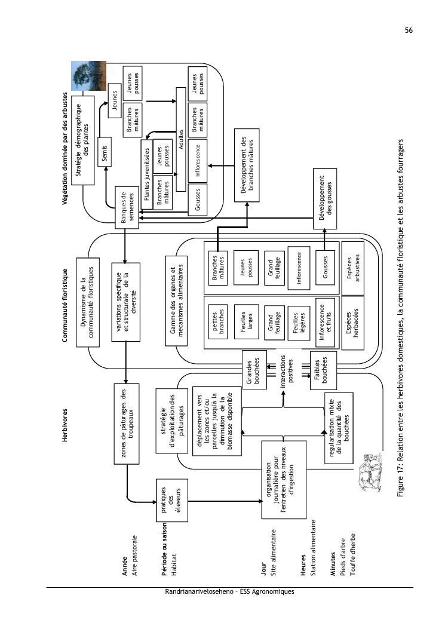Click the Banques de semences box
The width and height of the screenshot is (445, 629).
(x=126, y=208)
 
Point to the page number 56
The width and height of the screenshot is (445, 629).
(x=409, y=30)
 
